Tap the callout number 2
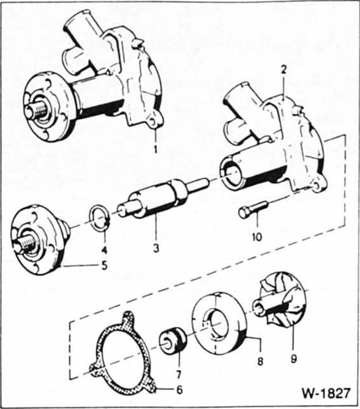[x=284, y=70]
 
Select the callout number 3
[x=156, y=249]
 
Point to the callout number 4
[x=104, y=250]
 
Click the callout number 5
[x=104, y=266]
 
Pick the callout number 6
[x=179, y=390]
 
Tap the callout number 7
[x=178, y=374]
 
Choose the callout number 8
[x=260, y=361]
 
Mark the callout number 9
[x=293, y=359]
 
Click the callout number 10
[x=257, y=237]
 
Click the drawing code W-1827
[x=326, y=393]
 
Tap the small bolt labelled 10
[x=253, y=209]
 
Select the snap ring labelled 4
[x=100, y=221]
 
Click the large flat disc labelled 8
[x=219, y=323]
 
